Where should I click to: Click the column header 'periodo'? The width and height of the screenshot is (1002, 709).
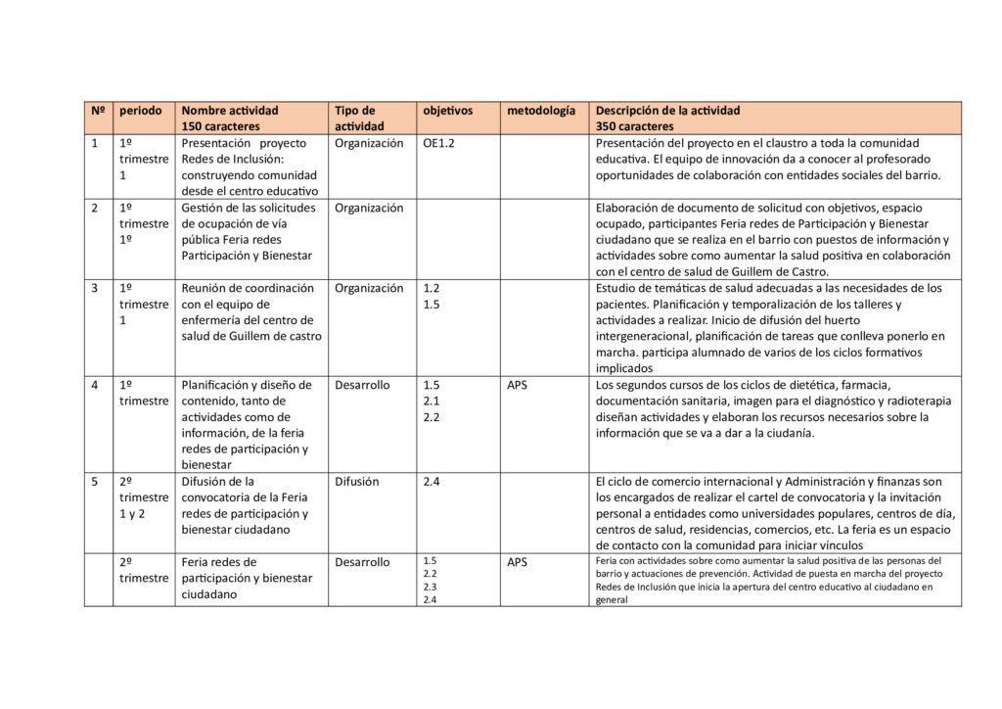point(141,111)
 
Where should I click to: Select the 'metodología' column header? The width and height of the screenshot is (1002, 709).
point(541,111)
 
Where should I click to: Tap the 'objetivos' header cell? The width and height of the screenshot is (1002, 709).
point(447,111)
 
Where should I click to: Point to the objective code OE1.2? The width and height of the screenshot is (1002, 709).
point(439,143)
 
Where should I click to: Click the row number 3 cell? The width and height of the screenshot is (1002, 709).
point(95,288)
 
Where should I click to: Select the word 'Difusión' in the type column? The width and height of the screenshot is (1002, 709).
point(357,482)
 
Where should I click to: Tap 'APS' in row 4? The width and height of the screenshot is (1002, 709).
point(517,385)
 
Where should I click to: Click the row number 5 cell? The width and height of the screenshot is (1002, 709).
point(95,482)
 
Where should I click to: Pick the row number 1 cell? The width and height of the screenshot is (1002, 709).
point(95,143)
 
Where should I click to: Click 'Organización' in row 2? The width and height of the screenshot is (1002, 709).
point(369,208)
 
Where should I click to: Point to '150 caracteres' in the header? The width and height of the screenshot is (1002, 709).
point(220,126)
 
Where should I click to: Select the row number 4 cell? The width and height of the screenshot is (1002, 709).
point(95,385)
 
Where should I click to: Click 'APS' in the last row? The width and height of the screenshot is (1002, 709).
point(517,562)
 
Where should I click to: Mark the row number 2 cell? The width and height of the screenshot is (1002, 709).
point(95,208)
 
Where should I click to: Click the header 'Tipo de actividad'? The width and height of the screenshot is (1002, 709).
point(356,118)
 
